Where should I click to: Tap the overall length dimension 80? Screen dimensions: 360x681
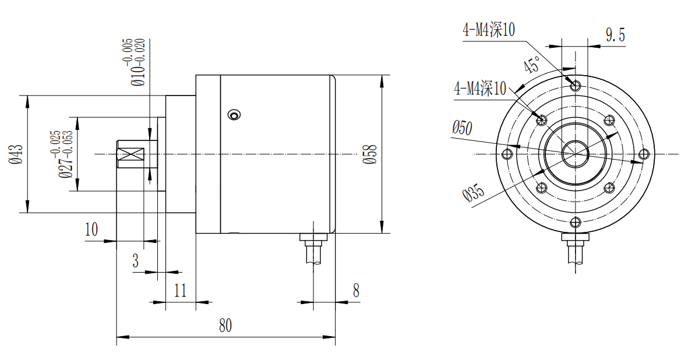point(225,325)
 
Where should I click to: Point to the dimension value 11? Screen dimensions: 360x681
point(180,291)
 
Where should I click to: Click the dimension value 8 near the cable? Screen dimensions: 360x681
point(356,291)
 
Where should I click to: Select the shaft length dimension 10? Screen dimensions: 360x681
point(91,229)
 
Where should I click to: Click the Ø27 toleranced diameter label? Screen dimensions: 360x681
point(61,154)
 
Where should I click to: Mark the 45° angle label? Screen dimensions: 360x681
point(531,65)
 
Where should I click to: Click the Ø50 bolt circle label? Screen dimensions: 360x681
point(462,128)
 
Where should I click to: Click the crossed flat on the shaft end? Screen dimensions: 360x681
point(133,154)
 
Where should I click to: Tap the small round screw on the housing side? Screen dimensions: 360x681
point(234,115)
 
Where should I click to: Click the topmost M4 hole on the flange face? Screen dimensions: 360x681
point(576,86)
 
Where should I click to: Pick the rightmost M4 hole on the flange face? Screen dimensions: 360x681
point(644,154)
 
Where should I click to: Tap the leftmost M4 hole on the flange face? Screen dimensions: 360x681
point(507,154)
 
